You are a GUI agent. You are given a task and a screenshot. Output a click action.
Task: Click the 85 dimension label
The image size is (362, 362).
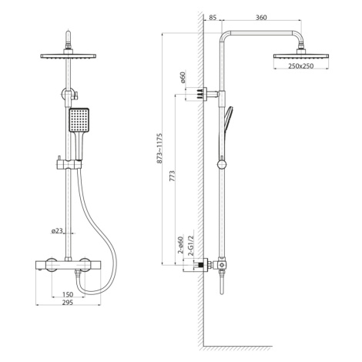pyautogui.click(x=213, y=18)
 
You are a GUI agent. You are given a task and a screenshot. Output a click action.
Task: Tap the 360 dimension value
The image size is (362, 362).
pyautogui.click(x=261, y=18)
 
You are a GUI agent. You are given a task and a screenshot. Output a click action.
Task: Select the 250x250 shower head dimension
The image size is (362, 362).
pyautogui.click(x=301, y=66)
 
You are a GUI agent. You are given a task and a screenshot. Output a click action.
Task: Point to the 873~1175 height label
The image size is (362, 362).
pyautogui.click(x=159, y=148)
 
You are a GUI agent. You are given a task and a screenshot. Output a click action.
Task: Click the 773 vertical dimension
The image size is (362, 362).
pyautogui.click(x=173, y=176)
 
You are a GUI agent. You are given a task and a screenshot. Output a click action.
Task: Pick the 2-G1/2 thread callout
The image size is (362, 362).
pyautogui.click(x=191, y=246)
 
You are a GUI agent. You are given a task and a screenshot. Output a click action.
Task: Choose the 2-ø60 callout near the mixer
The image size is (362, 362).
pyautogui.click(x=181, y=245)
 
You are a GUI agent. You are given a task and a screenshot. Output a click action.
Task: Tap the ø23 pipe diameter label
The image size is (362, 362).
pyautogui.click(x=57, y=231)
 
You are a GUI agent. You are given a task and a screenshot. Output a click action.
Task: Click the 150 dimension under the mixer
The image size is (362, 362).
pyautogui.click(x=68, y=294)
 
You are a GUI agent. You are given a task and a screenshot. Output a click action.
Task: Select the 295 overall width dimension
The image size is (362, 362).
pyautogui.click(x=68, y=303)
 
